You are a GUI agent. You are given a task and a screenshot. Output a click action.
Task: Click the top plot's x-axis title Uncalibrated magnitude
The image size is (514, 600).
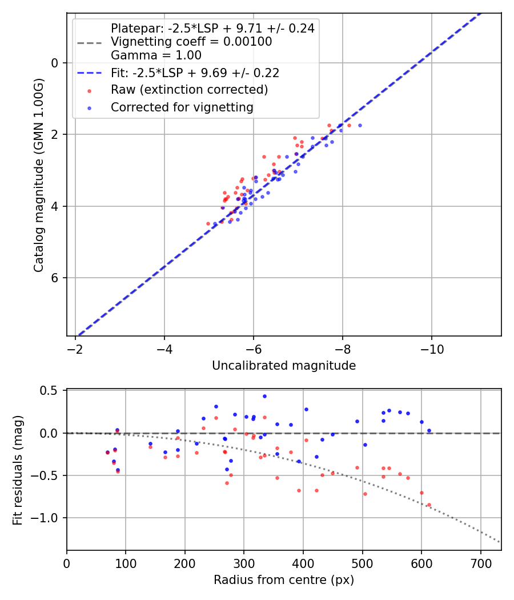[284, 366]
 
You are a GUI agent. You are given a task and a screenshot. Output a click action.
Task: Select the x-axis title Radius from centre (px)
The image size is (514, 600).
[284, 580]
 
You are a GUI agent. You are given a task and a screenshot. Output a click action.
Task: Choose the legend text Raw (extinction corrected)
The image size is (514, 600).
[189, 90]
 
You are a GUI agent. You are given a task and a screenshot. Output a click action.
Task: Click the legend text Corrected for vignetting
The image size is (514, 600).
[182, 107]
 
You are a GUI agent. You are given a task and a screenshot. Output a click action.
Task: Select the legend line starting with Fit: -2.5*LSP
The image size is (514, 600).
[195, 73]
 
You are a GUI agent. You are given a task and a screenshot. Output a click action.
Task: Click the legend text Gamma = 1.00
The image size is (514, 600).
[156, 55]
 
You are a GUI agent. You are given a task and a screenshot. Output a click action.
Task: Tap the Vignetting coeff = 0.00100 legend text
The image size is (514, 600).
[191, 42]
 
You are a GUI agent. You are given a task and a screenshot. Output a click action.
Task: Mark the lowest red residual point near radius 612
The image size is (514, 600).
[429, 505]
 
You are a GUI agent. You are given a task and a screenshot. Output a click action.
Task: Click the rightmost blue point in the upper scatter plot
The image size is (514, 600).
[360, 125]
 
